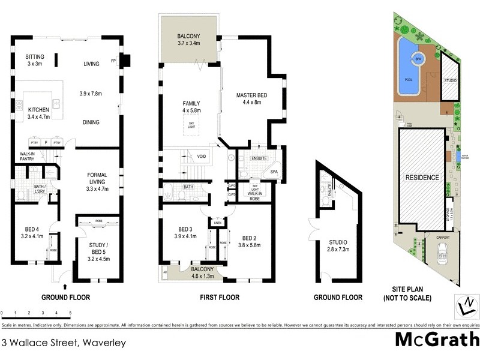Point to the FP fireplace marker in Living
pos(113,61)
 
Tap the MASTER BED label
pos(243,98)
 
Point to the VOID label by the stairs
pos(202,157)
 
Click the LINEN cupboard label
pos(217,224)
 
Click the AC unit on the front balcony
pos(165,271)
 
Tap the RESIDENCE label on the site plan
pos(423,178)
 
